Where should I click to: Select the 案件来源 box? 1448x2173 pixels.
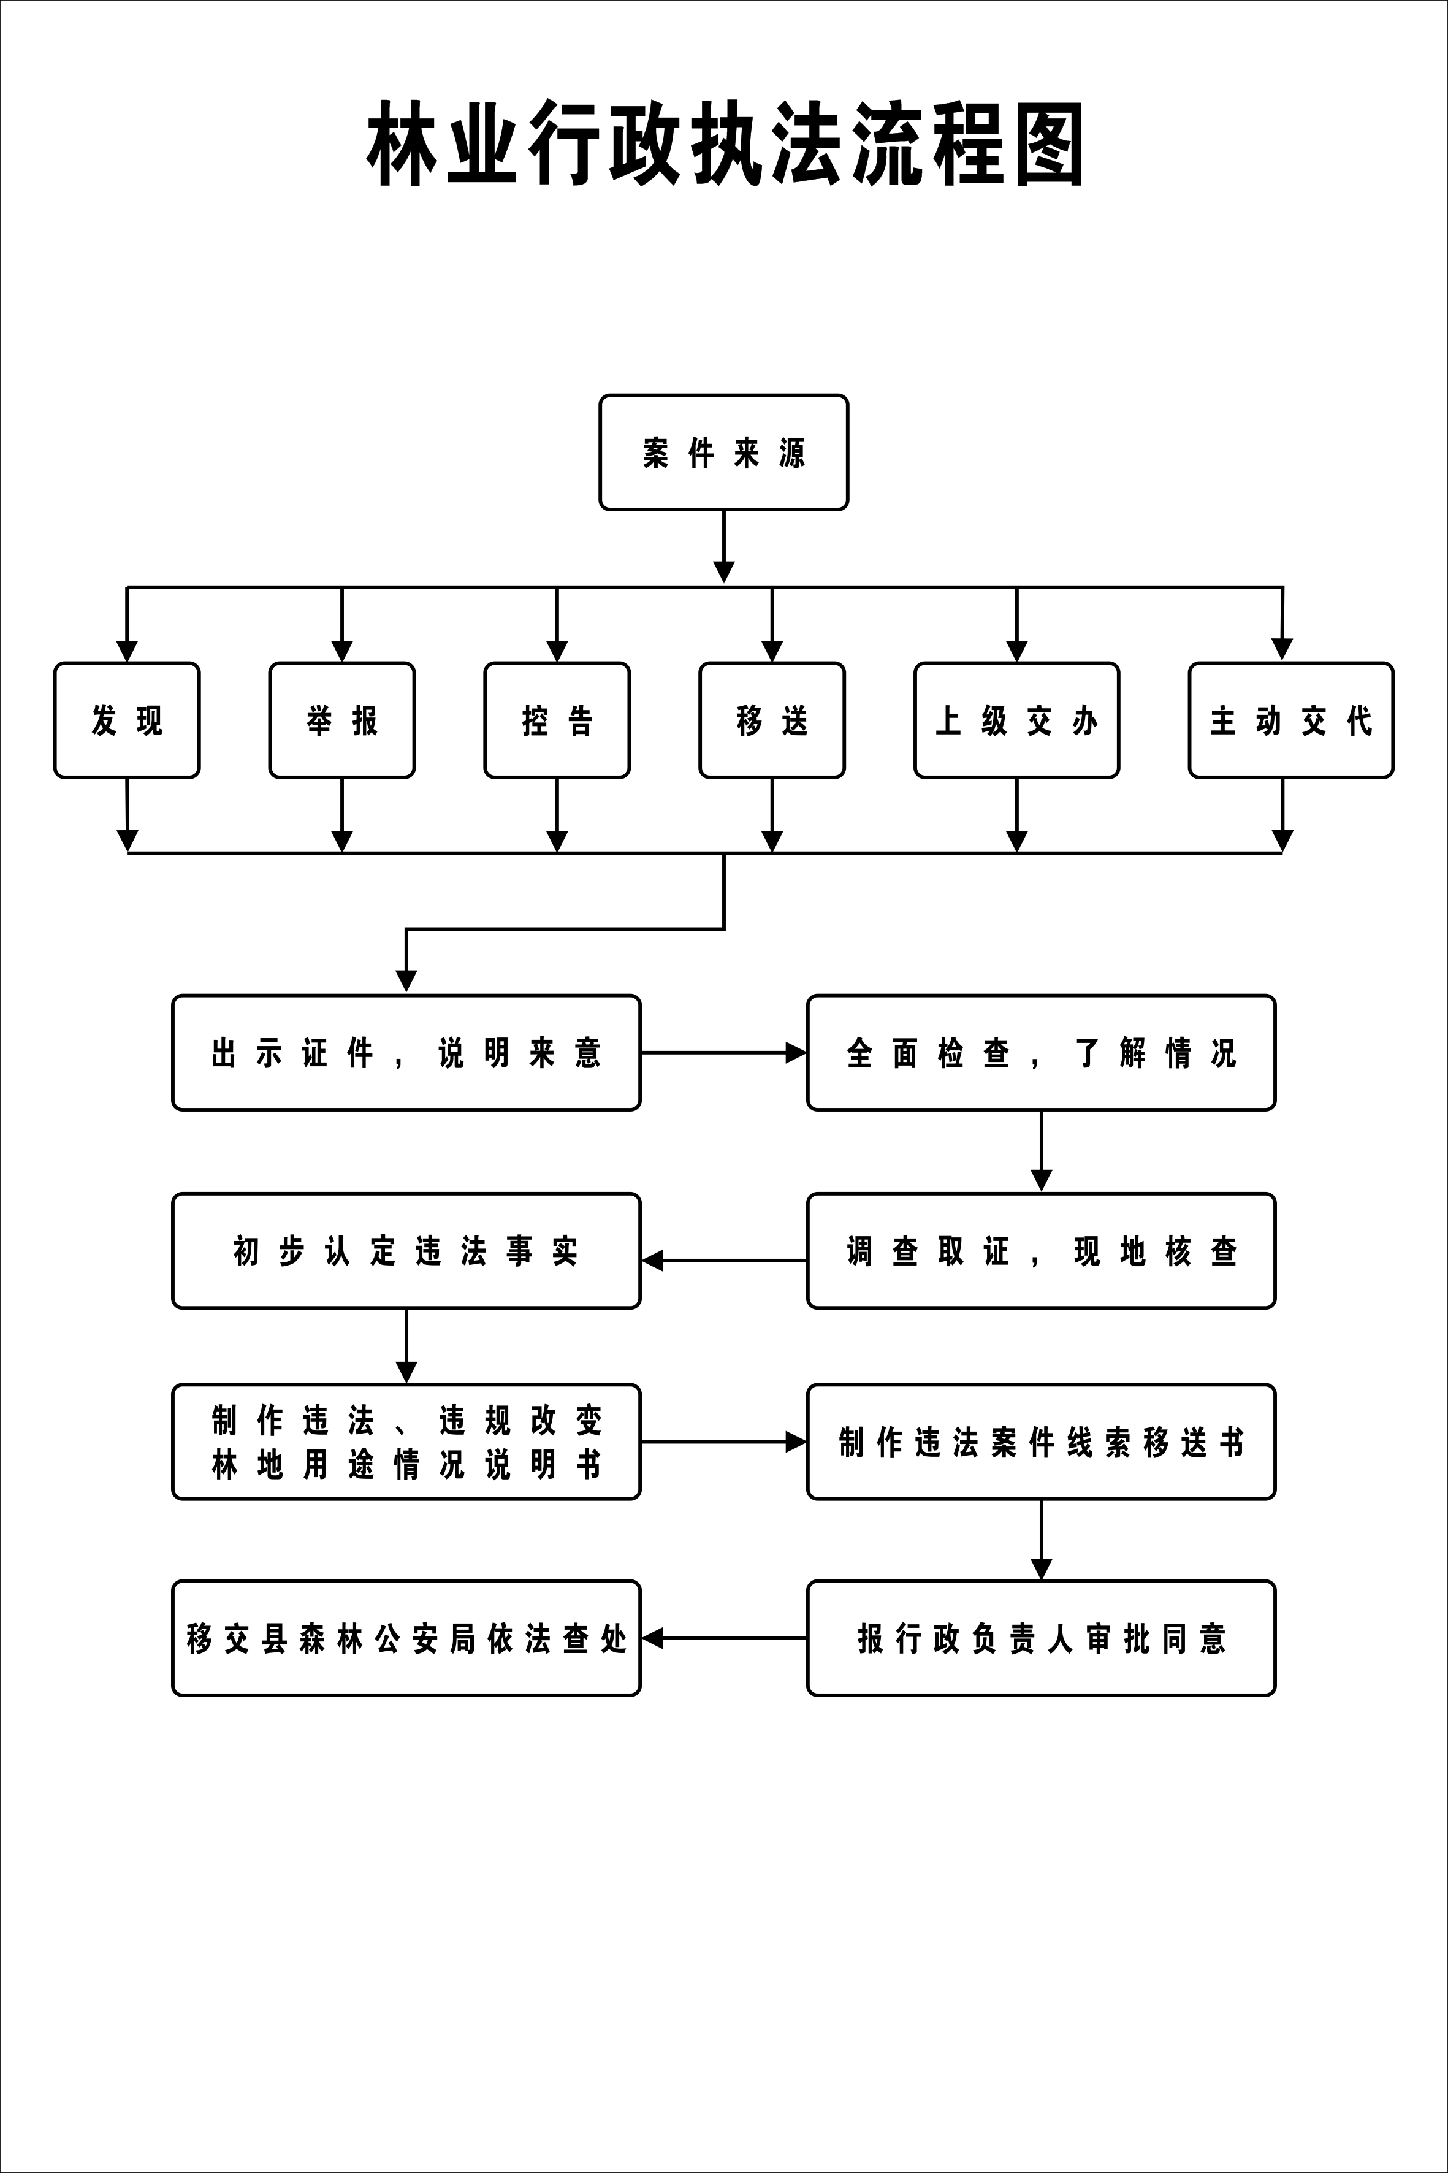pos(724,453)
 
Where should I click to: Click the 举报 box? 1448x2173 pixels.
pos(341,720)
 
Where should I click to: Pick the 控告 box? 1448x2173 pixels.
pos(557,720)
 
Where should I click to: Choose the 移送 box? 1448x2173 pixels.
pos(772,720)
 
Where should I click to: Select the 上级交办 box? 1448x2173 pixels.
pos(1017,720)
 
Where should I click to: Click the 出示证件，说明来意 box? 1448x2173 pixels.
pos(406,1053)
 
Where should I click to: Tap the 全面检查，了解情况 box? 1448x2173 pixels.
pos(1041,1053)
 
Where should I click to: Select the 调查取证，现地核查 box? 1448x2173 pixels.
pos(1041,1251)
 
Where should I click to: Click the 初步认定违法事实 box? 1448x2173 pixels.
pos(406,1251)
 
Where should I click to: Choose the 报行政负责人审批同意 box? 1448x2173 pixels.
pos(1041,1638)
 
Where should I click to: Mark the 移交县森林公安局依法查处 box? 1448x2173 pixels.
pos(406,1638)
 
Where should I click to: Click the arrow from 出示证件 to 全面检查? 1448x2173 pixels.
pos(723,1053)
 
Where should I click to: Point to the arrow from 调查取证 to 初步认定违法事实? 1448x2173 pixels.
pos(723,1261)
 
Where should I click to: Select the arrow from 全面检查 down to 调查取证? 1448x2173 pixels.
pos(1042,1151)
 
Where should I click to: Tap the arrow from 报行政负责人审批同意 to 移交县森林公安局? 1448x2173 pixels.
pos(723,1638)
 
